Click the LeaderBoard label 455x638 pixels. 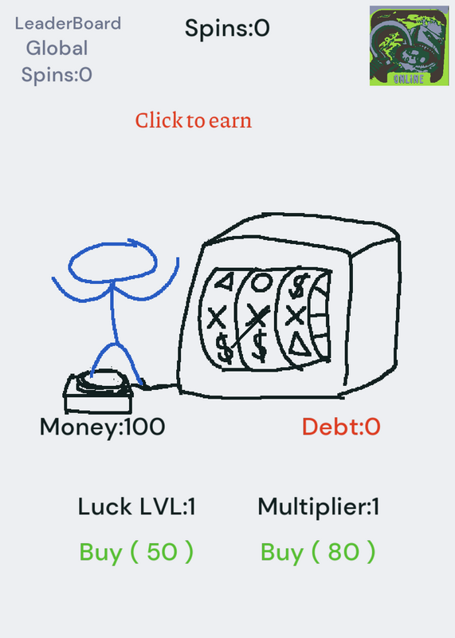(68, 24)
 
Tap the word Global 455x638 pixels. (57, 48)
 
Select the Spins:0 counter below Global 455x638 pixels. (57, 75)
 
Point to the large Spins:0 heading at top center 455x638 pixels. (227, 29)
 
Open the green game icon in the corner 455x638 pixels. (409, 45)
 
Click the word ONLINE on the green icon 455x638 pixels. (409, 78)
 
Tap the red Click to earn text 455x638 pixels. (194, 120)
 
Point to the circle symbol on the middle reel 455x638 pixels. (261, 282)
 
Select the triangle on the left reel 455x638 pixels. (225, 282)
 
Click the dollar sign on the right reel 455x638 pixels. (299, 286)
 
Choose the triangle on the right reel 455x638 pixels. (300, 345)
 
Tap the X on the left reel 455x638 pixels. (217, 317)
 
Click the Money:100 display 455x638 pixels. (103, 427)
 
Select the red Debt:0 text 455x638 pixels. (341, 427)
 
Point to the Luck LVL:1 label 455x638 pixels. (136, 507)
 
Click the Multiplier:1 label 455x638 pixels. (319, 507)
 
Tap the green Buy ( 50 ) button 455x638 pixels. (136, 552)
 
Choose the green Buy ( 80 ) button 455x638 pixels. (318, 552)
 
